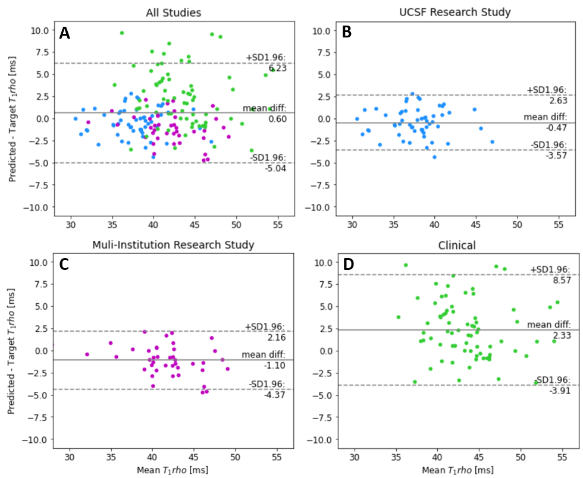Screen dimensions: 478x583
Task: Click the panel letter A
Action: click(65, 33)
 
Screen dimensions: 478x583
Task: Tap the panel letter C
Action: click(65, 265)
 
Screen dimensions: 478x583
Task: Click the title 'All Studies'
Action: click(174, 12)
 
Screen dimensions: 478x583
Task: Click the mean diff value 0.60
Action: click(277, 119)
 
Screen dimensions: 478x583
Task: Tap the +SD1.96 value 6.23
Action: click(277, 68)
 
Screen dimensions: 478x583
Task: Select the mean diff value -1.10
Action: click(276, 366)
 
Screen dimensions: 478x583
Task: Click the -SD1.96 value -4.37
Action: click(276, 395)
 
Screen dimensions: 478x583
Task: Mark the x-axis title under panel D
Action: click(457, 470)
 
